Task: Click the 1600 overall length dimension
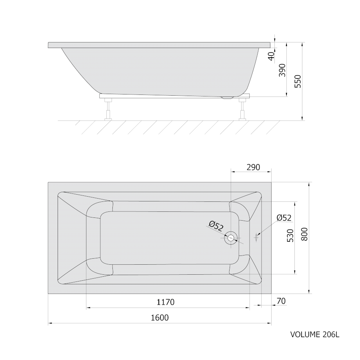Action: tap(160, 318)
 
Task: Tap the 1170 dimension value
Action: tap(166, 302)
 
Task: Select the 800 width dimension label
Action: tap(304, 234)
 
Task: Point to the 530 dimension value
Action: tap(290, 235)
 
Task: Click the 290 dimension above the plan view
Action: tap(253, 167)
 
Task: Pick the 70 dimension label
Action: tap(281, 301)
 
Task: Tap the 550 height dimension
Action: tap(298, 81)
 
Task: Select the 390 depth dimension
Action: tap(282, 70)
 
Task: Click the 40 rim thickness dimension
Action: tap(271, 56)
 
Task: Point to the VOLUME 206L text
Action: tap(315, 334)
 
